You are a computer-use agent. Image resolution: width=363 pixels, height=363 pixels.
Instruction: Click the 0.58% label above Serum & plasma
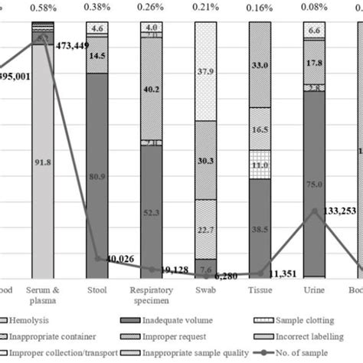tap(42, 8)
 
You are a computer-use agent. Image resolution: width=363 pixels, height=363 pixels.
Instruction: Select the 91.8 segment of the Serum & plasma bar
tap(42, 162)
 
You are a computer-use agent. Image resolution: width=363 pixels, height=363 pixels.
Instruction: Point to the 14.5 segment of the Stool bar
tap(97, 56)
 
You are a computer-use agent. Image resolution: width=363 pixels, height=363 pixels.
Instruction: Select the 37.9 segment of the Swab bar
tap(205, 73)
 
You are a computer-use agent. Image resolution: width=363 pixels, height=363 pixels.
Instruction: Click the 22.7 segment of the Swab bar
tap(205, 230)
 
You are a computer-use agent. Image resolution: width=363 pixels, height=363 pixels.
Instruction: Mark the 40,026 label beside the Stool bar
tap(119, 261)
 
